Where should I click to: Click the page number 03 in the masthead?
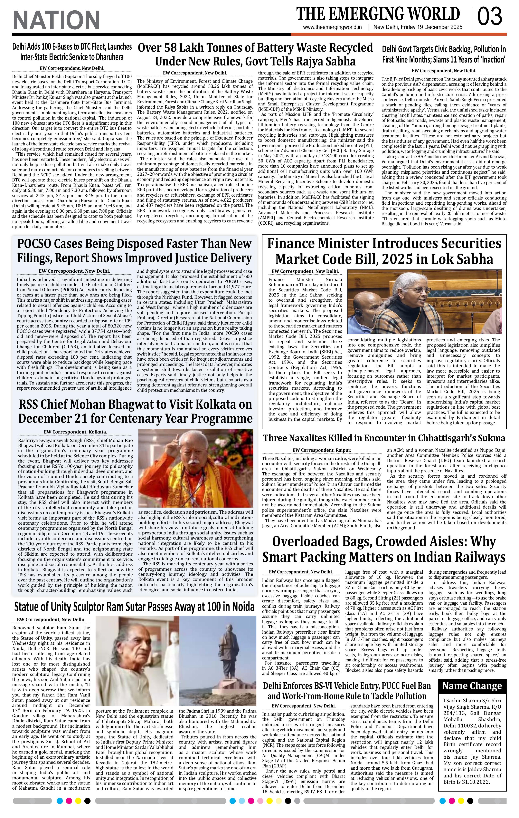coord(490,17)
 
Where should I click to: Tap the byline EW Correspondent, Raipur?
coord(322,450)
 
